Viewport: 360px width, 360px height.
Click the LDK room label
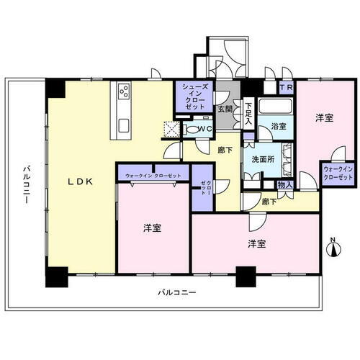(x=80, y=182)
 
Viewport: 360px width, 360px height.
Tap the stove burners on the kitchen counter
(x=123, y=92)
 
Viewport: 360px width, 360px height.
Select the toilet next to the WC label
(x=192, y=130)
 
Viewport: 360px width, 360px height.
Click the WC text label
(x=204, y=130)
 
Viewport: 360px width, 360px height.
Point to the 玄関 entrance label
(x=225, y=109)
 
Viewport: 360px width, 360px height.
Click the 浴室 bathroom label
(x=279, y=126)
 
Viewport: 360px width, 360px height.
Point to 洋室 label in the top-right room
(x=323, y=117)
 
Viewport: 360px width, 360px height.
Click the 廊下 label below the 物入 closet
(x=269, y=203)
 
